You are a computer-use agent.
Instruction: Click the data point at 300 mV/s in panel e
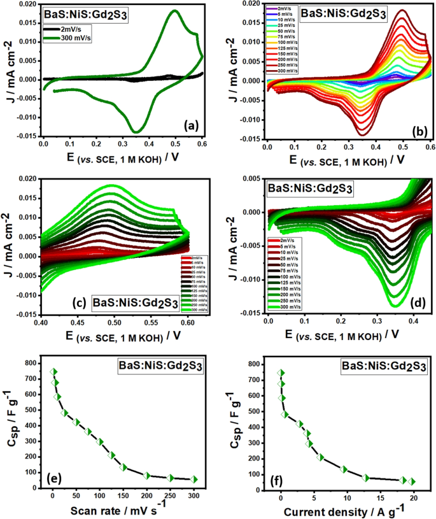pyautogui.click(x=194, y=480)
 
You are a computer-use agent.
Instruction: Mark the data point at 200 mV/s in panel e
pyautogui.click(x=147, y=475)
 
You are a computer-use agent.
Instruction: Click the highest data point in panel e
pyautogui.click(x=54, y=371)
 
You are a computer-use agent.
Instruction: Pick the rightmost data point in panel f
pyautogui.click(x=412, y=481)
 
